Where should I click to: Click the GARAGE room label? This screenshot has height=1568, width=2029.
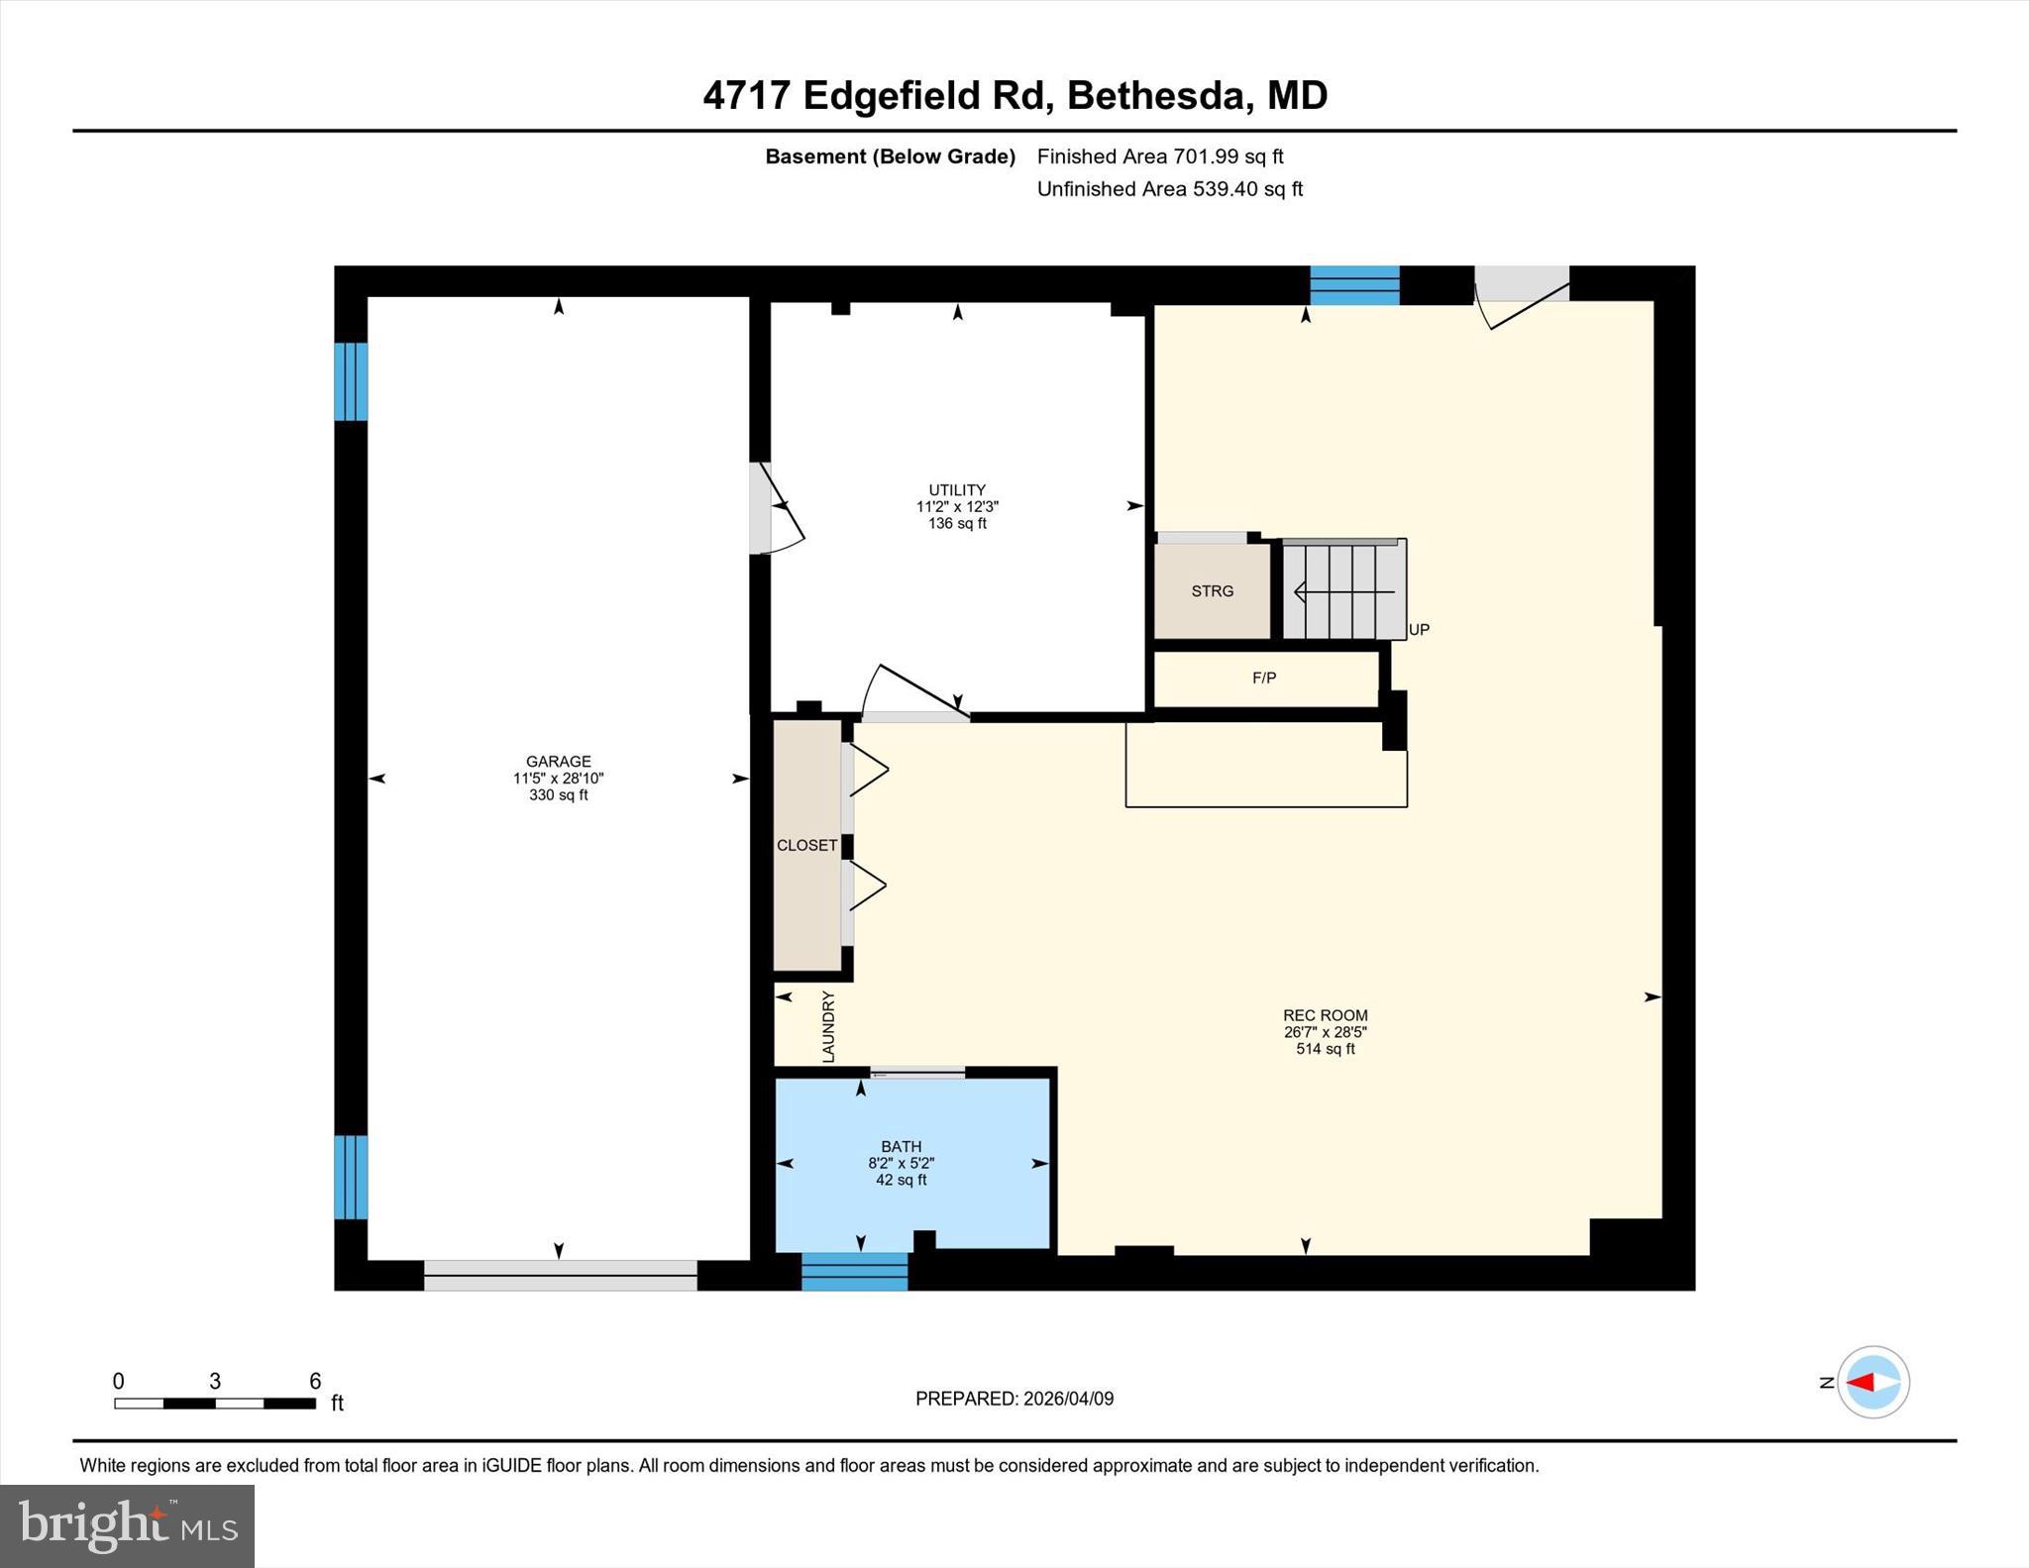[559, 762]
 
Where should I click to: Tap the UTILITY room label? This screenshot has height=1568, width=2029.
[957, 490]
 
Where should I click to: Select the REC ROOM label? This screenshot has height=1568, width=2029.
[1325, 1015]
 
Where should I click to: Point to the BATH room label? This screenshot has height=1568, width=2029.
[901, 1147]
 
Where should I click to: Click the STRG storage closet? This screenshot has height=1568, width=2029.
[1212, 591]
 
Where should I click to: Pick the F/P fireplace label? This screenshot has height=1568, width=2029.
[1264, 679]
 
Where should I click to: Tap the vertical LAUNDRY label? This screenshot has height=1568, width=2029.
[829, 1027]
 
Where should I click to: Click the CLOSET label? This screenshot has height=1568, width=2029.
[806, 845]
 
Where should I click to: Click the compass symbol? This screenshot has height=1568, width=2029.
[1872, 1382]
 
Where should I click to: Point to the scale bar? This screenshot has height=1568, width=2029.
[215, 1403]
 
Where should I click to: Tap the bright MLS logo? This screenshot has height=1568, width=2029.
[128, 1525]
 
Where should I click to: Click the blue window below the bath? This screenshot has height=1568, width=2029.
[854, 1272]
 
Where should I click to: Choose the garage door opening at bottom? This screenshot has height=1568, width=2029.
[561, 1275]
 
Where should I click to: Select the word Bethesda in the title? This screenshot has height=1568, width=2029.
[1154, 96]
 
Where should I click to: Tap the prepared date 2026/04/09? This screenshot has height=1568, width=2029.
[1068, 1399]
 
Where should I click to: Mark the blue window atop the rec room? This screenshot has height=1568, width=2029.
[1354, 285]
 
